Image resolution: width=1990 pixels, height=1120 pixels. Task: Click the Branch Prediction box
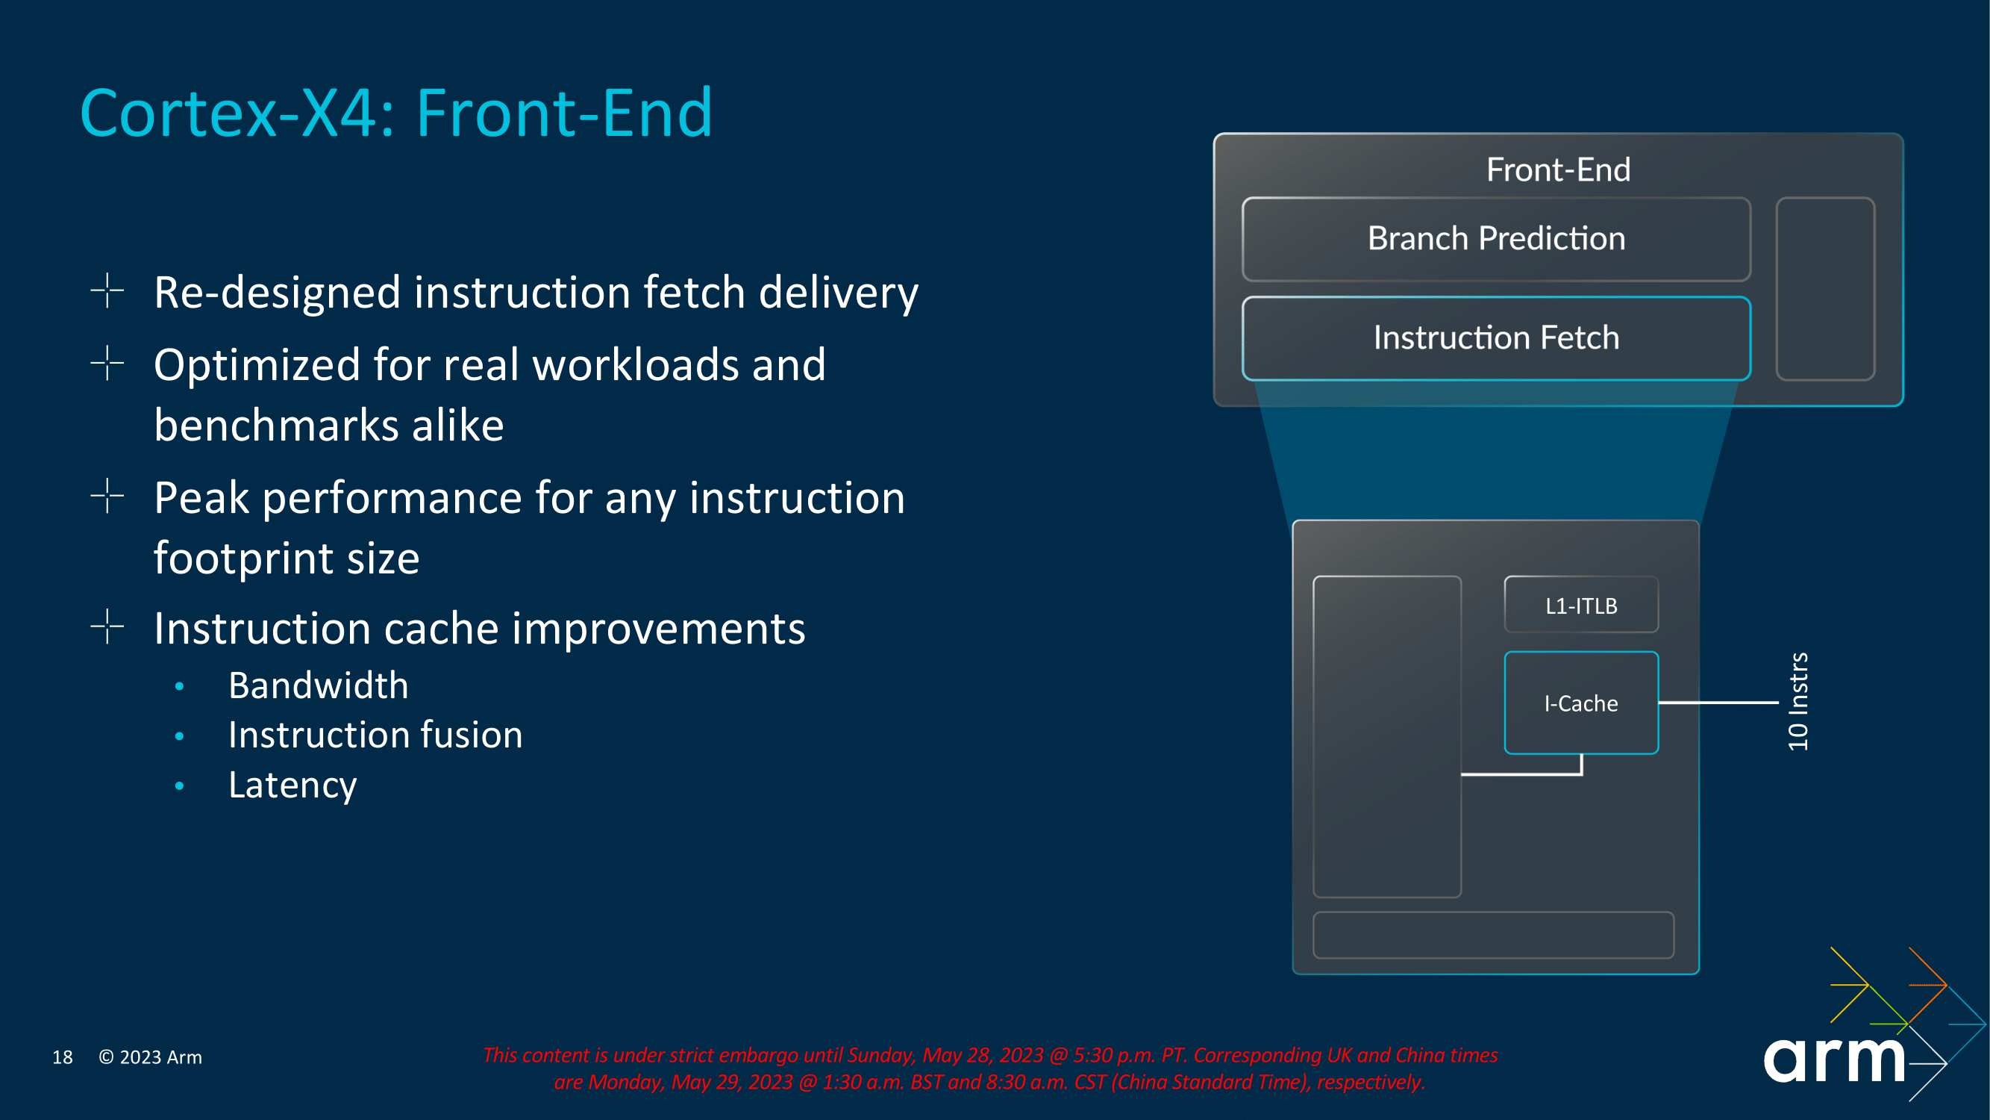pyautogui.click(x=1495, y=239)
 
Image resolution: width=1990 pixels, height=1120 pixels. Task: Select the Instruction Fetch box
pyautogui.click(x=1495, y=338)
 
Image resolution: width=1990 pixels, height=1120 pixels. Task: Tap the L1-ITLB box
pyautogui.click(x=1580, y=606)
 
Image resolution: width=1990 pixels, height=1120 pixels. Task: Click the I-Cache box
pyautogui.click(x=1580, y=703)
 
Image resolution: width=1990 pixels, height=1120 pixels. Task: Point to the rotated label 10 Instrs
pyautogui.click(x=1797, y=701)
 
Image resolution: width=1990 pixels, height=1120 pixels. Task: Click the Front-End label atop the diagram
pyautogui.click(x=1557, y=169)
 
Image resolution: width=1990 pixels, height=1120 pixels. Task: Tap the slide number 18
pyautogui.click(x=62, y=1057)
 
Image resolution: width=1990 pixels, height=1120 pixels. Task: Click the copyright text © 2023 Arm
pyautogui.click(x=151, y=1057)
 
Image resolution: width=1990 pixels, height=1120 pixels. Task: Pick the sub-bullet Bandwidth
pyautogui.click(x=319, y=685)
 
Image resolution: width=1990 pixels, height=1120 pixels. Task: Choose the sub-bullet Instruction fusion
pyautogui.click(x=375, y=735)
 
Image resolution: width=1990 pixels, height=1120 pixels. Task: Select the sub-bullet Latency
pyautogui.click(x=292, y=785)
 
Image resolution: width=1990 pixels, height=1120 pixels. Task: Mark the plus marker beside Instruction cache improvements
pyautogui.click(x=107, y=627)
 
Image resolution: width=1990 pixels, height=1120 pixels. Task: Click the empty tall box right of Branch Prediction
pyautogui.click(x=1824, y=288)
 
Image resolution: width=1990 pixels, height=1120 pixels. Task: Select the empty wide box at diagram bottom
pyautogui.click(x=1492, y=935)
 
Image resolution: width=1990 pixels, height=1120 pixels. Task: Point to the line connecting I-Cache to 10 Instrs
pyautogui.click(x=1718, y=703)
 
